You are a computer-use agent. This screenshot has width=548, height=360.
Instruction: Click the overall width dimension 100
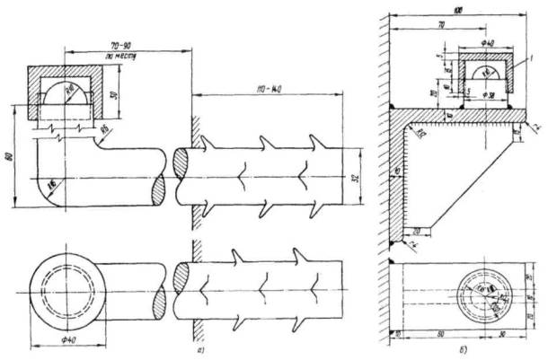pos(458,9)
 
